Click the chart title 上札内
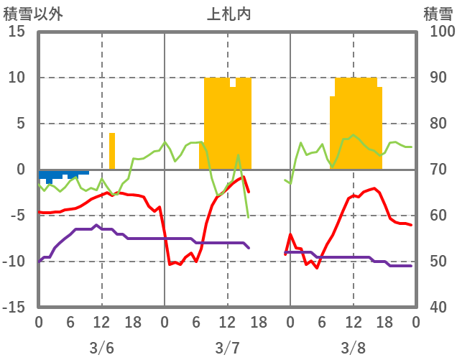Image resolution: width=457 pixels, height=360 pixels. [228, 14]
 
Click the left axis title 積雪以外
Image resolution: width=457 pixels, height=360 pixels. [32, 14]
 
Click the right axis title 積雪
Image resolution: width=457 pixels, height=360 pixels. [437, 14]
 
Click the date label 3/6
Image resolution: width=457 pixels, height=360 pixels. [101, 348]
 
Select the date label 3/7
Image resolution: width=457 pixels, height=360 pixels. [227, 348]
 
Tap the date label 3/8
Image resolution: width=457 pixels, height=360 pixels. [353, 348]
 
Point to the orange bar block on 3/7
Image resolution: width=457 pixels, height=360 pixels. [227, 122]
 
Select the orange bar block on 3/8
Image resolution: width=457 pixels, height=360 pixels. [356, 122]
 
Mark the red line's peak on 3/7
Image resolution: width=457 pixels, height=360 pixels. [244, 177]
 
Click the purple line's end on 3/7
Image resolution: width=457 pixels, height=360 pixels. [249, 248]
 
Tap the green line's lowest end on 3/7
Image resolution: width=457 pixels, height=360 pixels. [249, 217]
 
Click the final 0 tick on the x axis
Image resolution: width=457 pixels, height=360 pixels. [415, 322]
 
